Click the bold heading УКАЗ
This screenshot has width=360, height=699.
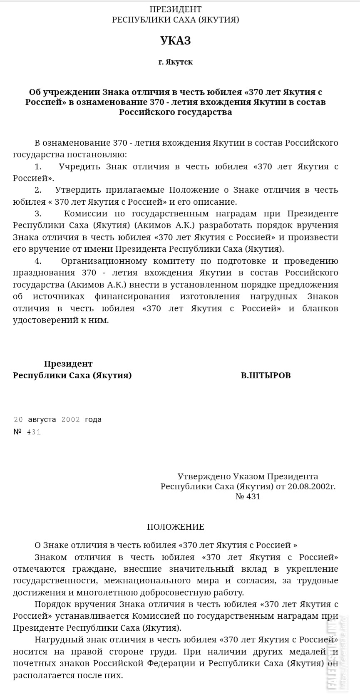click(x=175, y=41)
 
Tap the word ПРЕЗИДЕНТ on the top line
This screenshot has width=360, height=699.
click(x=175, y=9)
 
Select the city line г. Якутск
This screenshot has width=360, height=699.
click(x=175, y=62)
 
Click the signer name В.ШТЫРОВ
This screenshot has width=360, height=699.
click(x=266, y=375)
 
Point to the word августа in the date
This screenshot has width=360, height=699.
click(x=42, y=419)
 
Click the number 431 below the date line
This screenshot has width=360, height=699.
click(x=34, y=432)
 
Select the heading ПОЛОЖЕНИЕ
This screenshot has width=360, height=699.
click(x=175, y=527)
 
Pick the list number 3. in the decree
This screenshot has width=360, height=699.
click(x=38, y=213)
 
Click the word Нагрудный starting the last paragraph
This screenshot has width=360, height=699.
click(x=57, y=639)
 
